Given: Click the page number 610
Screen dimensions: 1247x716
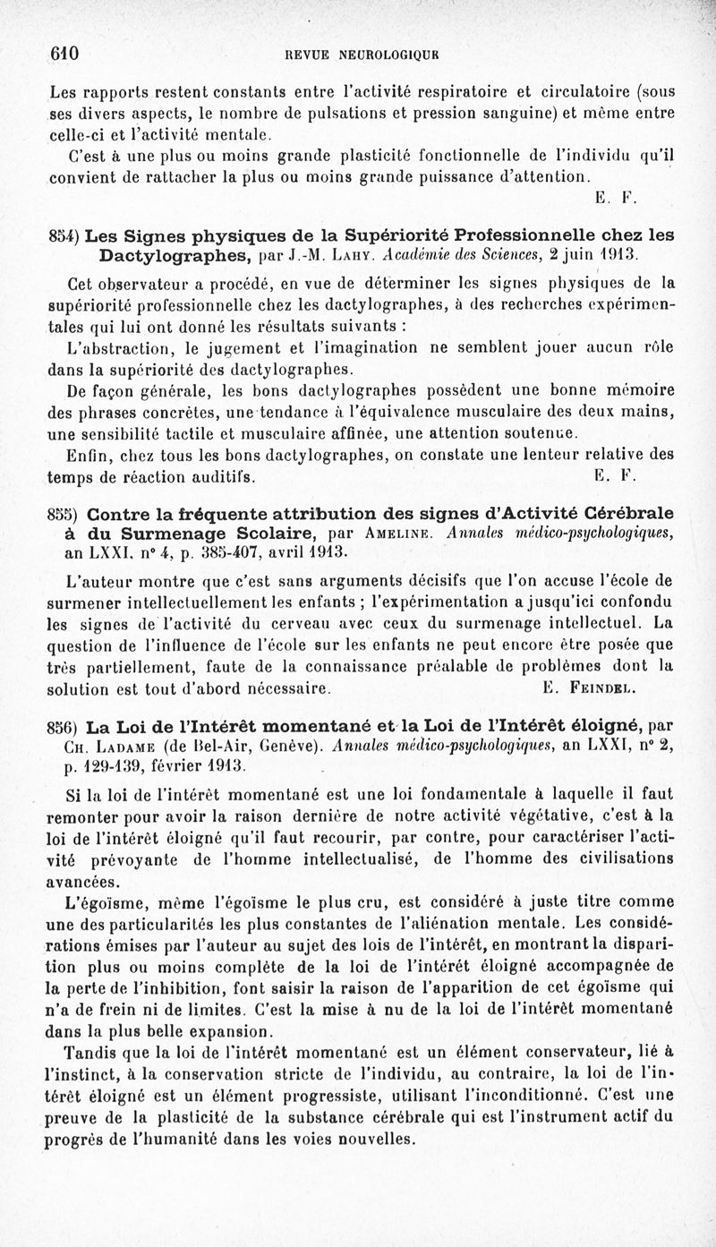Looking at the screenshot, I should [x=64, y=54].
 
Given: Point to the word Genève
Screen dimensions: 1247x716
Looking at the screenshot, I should [x=285, y=747].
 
